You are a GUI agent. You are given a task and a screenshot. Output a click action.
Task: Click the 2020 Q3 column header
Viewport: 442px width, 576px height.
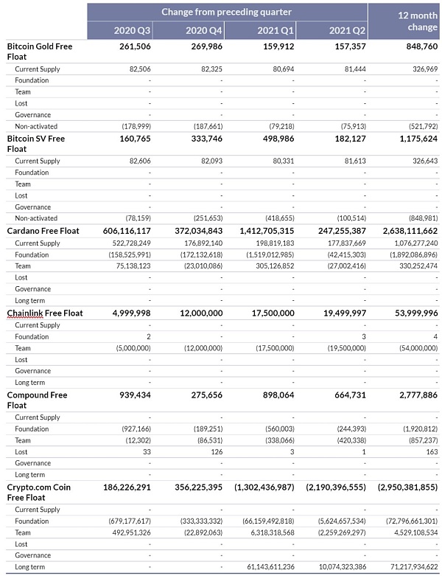click(134, 30)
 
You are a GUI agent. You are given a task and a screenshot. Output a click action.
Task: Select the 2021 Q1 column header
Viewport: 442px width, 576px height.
click(276, 30)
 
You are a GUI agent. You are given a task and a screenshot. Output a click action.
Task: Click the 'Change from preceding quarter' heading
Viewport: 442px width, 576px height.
click(226, 12)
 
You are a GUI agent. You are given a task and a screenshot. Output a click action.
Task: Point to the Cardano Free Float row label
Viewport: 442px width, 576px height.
click(43, 231)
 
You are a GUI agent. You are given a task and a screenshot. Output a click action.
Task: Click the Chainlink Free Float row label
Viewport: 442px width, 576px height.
click(45, 313)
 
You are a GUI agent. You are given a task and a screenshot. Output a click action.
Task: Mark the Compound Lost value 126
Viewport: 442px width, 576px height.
click(216, 451)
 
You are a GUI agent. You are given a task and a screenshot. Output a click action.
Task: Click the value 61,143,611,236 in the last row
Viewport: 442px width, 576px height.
click(264, 566)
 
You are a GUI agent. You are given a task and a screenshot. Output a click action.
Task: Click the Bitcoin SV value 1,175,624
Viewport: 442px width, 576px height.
click(414, 138)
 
